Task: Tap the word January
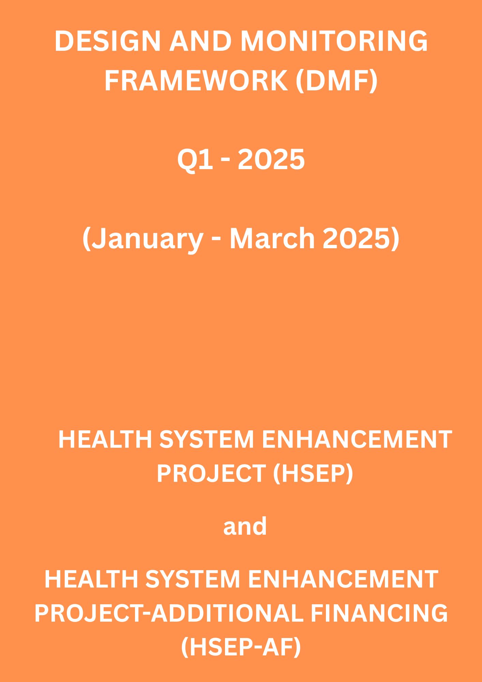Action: (x=147, y=239)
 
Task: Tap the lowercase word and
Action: (x=245, y=526)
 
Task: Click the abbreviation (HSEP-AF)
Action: (x=241, y=647)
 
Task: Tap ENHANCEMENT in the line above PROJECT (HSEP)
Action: (x=357, y=439)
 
